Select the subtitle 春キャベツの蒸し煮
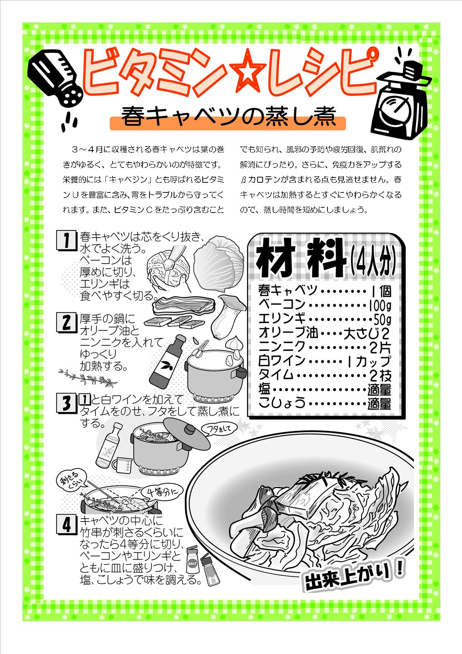(228, 117)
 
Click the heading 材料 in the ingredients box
(302, 258)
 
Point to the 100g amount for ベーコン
(380, 306)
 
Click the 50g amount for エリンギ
(382, 320)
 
